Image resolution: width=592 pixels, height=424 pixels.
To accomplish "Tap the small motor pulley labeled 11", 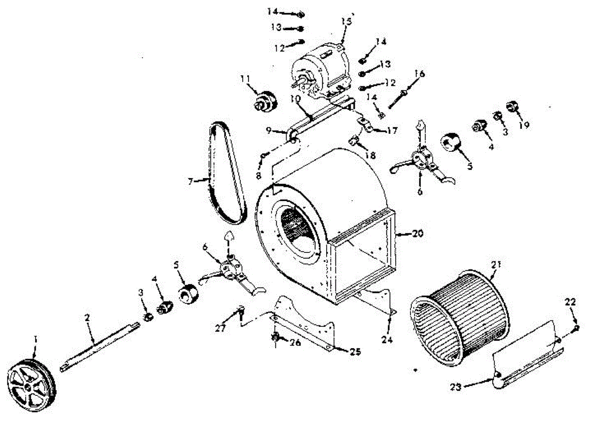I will (x=265, y=101).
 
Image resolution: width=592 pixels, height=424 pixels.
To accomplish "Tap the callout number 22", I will (x=570, y=303).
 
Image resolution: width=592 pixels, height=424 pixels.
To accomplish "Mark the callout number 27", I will (x=220, y=326).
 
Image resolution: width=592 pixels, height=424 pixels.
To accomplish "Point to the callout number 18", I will (x=370, y=155).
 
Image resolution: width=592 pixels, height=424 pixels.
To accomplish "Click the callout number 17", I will (x=392, y=131).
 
